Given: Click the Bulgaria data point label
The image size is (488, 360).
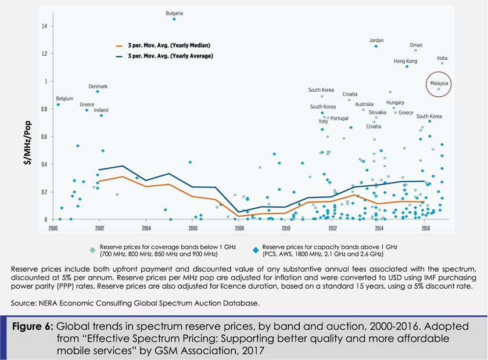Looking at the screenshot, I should (x=174, y=12).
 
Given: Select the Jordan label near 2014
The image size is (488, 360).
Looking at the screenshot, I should (x=376, y=41).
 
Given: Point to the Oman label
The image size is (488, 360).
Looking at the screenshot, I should (x=416, y=45).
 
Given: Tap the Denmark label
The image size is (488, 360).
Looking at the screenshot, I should (x=98, y=87).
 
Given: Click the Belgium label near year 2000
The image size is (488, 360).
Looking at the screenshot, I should (x=64, y=99).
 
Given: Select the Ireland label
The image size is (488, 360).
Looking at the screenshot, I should (x=101, y=110).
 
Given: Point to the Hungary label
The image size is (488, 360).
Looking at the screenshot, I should (x=395, y=103).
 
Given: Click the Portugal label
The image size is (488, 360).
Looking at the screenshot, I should (x=339, y=118).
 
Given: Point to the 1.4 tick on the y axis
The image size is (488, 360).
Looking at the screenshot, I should (x=44, y=26).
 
